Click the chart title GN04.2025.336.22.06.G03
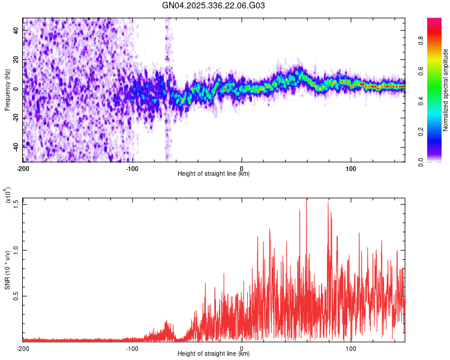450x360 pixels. (214, 5)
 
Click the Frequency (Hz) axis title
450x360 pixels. (7, 90)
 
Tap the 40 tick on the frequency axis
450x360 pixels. (16, 29)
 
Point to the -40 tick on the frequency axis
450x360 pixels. (16, 146)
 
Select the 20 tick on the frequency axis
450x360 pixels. (16, 59)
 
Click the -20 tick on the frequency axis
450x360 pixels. (16, 118)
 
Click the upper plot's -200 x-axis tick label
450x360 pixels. (23, 168)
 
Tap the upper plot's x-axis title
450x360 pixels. (214, 174)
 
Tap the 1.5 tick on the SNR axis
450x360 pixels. (16, 203)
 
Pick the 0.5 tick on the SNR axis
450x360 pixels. (16, 296)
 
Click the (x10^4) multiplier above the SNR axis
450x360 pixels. (8, 196)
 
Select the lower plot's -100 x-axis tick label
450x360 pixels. (132, 348)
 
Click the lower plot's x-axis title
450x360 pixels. (214, 354)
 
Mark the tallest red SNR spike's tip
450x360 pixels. (307, 199)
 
